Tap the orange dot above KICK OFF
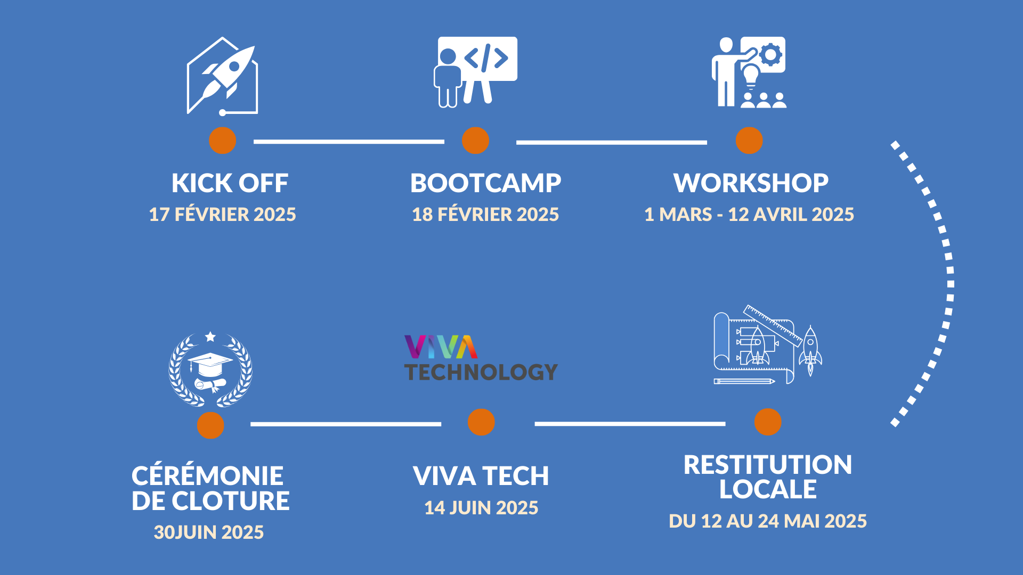pos(222,141)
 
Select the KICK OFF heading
pos(230,183)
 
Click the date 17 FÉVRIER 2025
pos(222,214)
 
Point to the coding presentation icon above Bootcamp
pos(475,72)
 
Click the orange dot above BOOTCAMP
pos(475,141)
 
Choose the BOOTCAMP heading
pos(485,183)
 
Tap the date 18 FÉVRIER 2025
pos(485,214)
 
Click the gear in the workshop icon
pos(770,55)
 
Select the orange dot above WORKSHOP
pos(749,141)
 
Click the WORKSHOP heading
pos(751,183)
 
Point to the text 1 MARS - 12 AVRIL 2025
pos(749,214)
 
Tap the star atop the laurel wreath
pos(210,336)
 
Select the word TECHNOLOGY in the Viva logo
pos(481,372)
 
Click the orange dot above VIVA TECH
pos(481,422)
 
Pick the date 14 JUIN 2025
pos(481,507)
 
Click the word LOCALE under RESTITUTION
pos(768,489)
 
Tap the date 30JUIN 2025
pos(209,532)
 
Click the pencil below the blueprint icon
pos(744,381)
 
